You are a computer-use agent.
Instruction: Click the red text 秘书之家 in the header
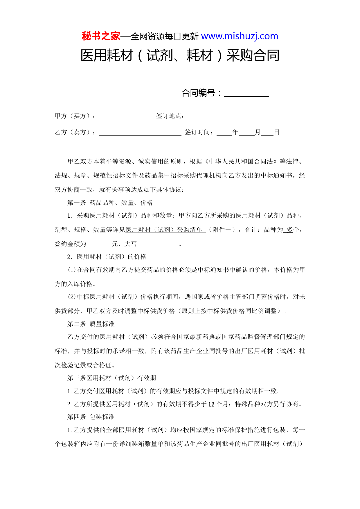[x=101, y=36]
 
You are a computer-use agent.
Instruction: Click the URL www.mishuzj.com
[x=240, y=36]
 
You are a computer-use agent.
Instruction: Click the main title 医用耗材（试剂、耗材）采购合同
[x=180, y=55]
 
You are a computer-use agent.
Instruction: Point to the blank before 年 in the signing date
[x=224, y=133]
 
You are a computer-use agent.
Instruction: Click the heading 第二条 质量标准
[x=91, y=324]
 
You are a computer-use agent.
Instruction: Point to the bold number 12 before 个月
[x=211, y=404]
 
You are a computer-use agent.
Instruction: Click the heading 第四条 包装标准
[x=91, y=417]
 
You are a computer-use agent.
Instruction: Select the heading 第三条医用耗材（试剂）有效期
[x=111, y=378]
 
